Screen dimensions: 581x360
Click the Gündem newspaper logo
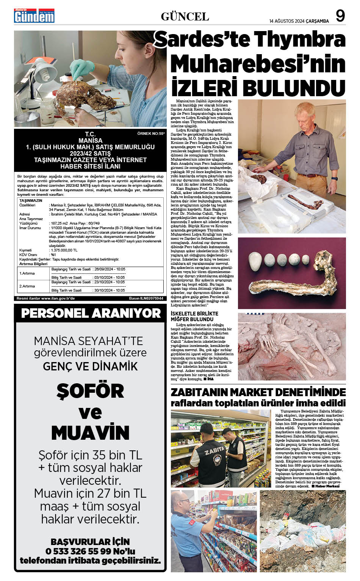click(34, 16)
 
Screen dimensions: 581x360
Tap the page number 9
click(340, 16)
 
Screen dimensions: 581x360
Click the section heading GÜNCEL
click(185, 16)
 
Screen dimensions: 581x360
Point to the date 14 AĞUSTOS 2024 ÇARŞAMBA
click(299, 21)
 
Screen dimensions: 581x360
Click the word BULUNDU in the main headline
click(294, 87)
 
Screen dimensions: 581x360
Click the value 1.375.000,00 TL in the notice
click(64, 250)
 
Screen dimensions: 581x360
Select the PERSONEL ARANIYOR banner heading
click(91, 313)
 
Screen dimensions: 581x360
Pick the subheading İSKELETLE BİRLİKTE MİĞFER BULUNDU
click(194, 316)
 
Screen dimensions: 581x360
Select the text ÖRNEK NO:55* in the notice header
click(151, 134)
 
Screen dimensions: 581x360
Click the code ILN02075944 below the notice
click(152, 298)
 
